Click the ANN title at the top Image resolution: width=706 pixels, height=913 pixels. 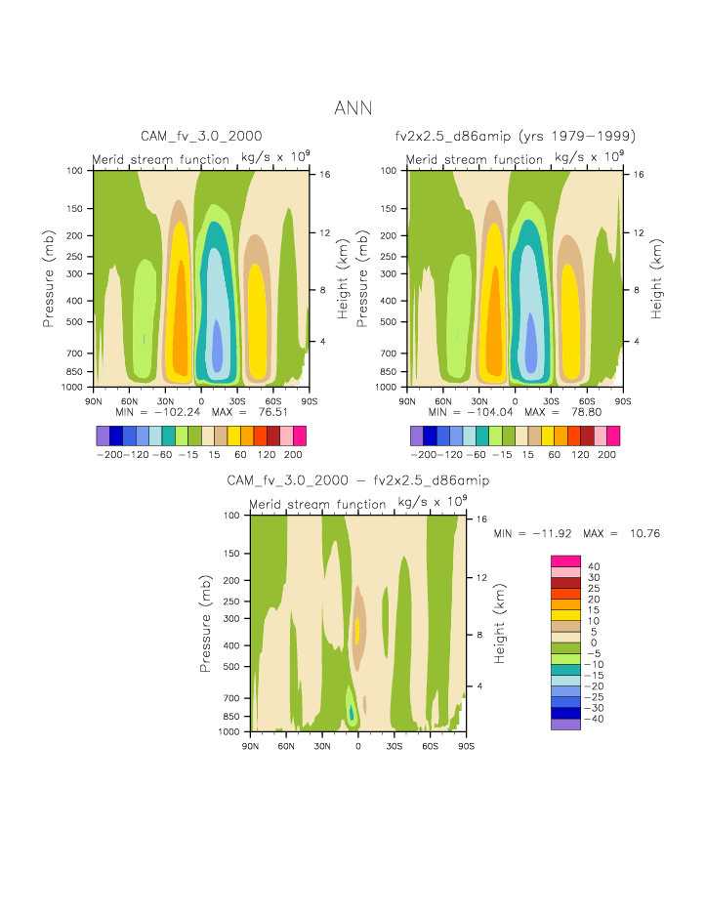pyautogui.click(x=353, y=108)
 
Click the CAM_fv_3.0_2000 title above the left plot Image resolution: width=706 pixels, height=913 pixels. pyautogui.click(x=201, y=136)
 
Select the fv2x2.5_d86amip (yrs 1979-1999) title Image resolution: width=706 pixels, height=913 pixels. pyautogui.click(x=515, y=136)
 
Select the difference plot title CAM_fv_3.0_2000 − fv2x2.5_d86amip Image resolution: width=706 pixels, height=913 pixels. pyautogui.click(x=357, y=480)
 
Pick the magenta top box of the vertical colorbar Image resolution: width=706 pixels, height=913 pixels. pyautogui.click(x=565, y=560)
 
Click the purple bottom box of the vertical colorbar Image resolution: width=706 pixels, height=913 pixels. pyautogui.click(x=565, y=724)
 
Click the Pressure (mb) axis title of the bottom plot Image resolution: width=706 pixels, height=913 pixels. pyautogui.click(x=206, y=623)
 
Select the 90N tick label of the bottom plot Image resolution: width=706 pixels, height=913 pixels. pyautogui.click(x=250, y=746)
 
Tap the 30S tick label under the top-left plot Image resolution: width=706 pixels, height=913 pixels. pyautogui.click(x=237, y=401)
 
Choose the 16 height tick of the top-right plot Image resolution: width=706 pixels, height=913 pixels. pyautogui.click(x=640, y=174)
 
